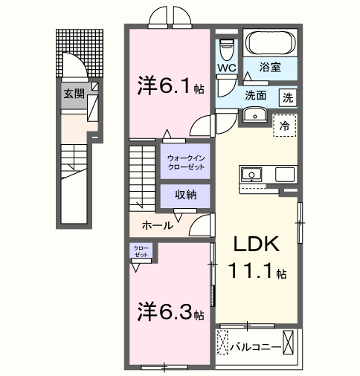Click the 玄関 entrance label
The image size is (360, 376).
click(x=72, y=94)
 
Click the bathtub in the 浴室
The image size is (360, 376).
click(x=271, y=43)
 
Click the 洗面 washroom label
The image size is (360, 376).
click(x=257, y=96)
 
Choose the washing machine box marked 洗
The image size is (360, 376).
click(x=287, y=97)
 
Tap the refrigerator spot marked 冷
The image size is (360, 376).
click(x=283, y=126)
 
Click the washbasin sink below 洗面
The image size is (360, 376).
click(x=255, y=115)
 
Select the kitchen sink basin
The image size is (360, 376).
click(x=251, y=175)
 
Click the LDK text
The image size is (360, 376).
click(x=257, y=245)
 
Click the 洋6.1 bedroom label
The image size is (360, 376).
click(x=164, y=85)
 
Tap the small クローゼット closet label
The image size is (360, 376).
click(x=141, y=250)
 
